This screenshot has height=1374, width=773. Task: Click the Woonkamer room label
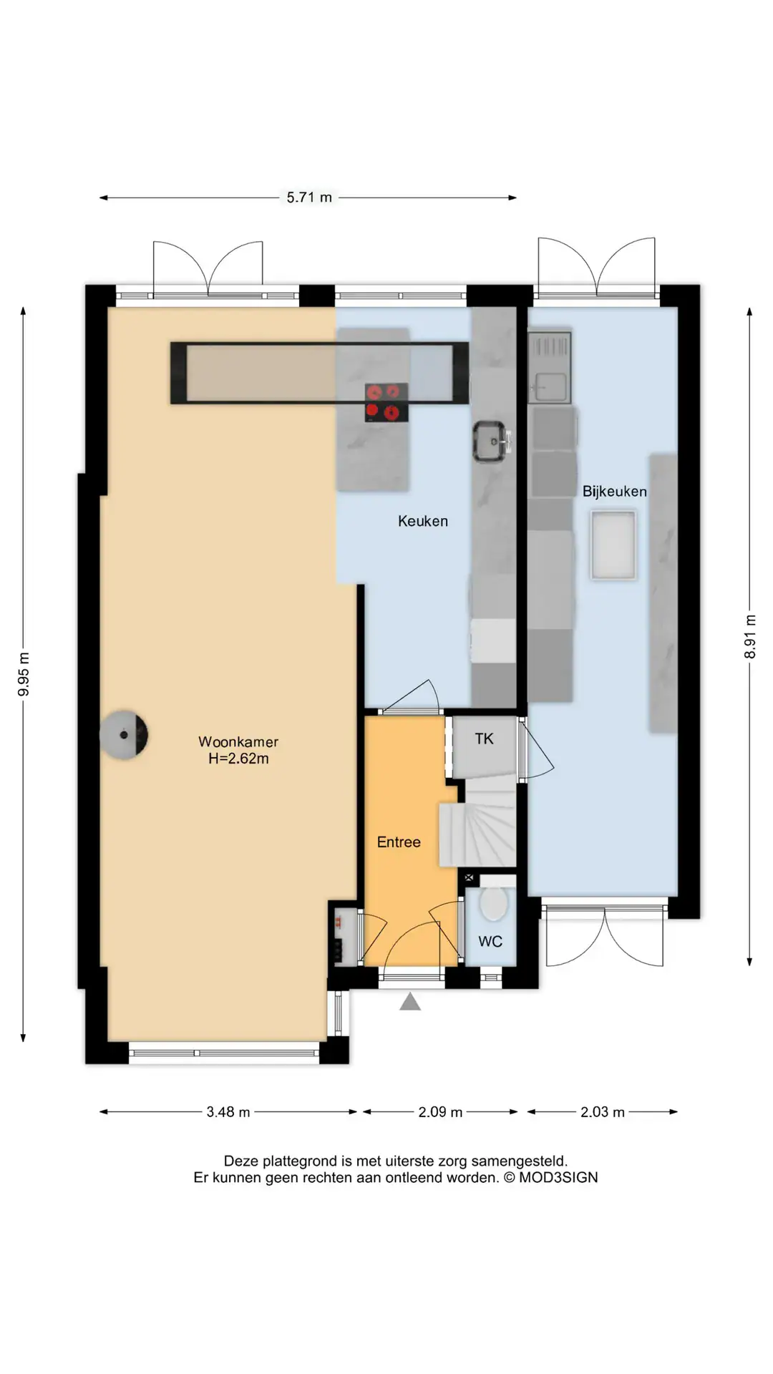point(238,742)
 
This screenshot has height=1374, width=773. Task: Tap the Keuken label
point(423,521)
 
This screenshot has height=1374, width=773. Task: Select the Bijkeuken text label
point(614,492)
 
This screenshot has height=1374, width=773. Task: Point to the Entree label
point(399,842)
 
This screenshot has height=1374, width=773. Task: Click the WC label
point(490,942)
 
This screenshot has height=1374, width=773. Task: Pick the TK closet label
point(484,739)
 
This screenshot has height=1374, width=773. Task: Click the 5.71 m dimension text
point(309,198)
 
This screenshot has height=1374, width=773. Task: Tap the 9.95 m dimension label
point(24,674)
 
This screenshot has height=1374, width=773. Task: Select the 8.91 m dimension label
point(750,636)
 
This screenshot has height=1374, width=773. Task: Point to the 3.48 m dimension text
point(228,1112)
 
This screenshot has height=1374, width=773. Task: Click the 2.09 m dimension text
point(440,1112)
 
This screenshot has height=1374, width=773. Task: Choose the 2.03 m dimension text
point(603,1112)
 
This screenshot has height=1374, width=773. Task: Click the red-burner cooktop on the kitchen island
point(386,402)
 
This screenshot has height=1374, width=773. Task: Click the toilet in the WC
point(493,902)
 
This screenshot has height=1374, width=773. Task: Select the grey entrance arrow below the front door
point(410,1001)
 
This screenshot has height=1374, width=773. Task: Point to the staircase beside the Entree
point(478,823)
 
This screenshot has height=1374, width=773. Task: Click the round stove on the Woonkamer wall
point(124,734)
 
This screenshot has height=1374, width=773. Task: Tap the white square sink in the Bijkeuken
point(613,545)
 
